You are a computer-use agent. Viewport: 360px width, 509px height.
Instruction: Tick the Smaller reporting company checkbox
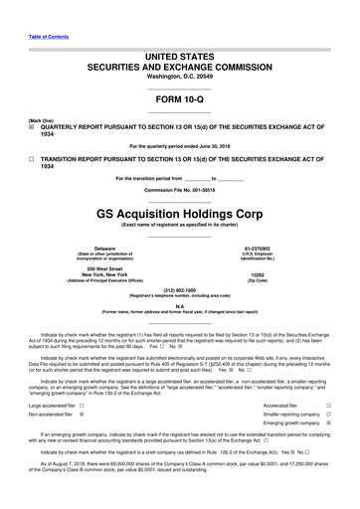point(329,422)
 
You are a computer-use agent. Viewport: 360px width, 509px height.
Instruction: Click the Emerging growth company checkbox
point(329,436)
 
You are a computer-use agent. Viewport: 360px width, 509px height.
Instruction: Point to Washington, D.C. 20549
point(180,48)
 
